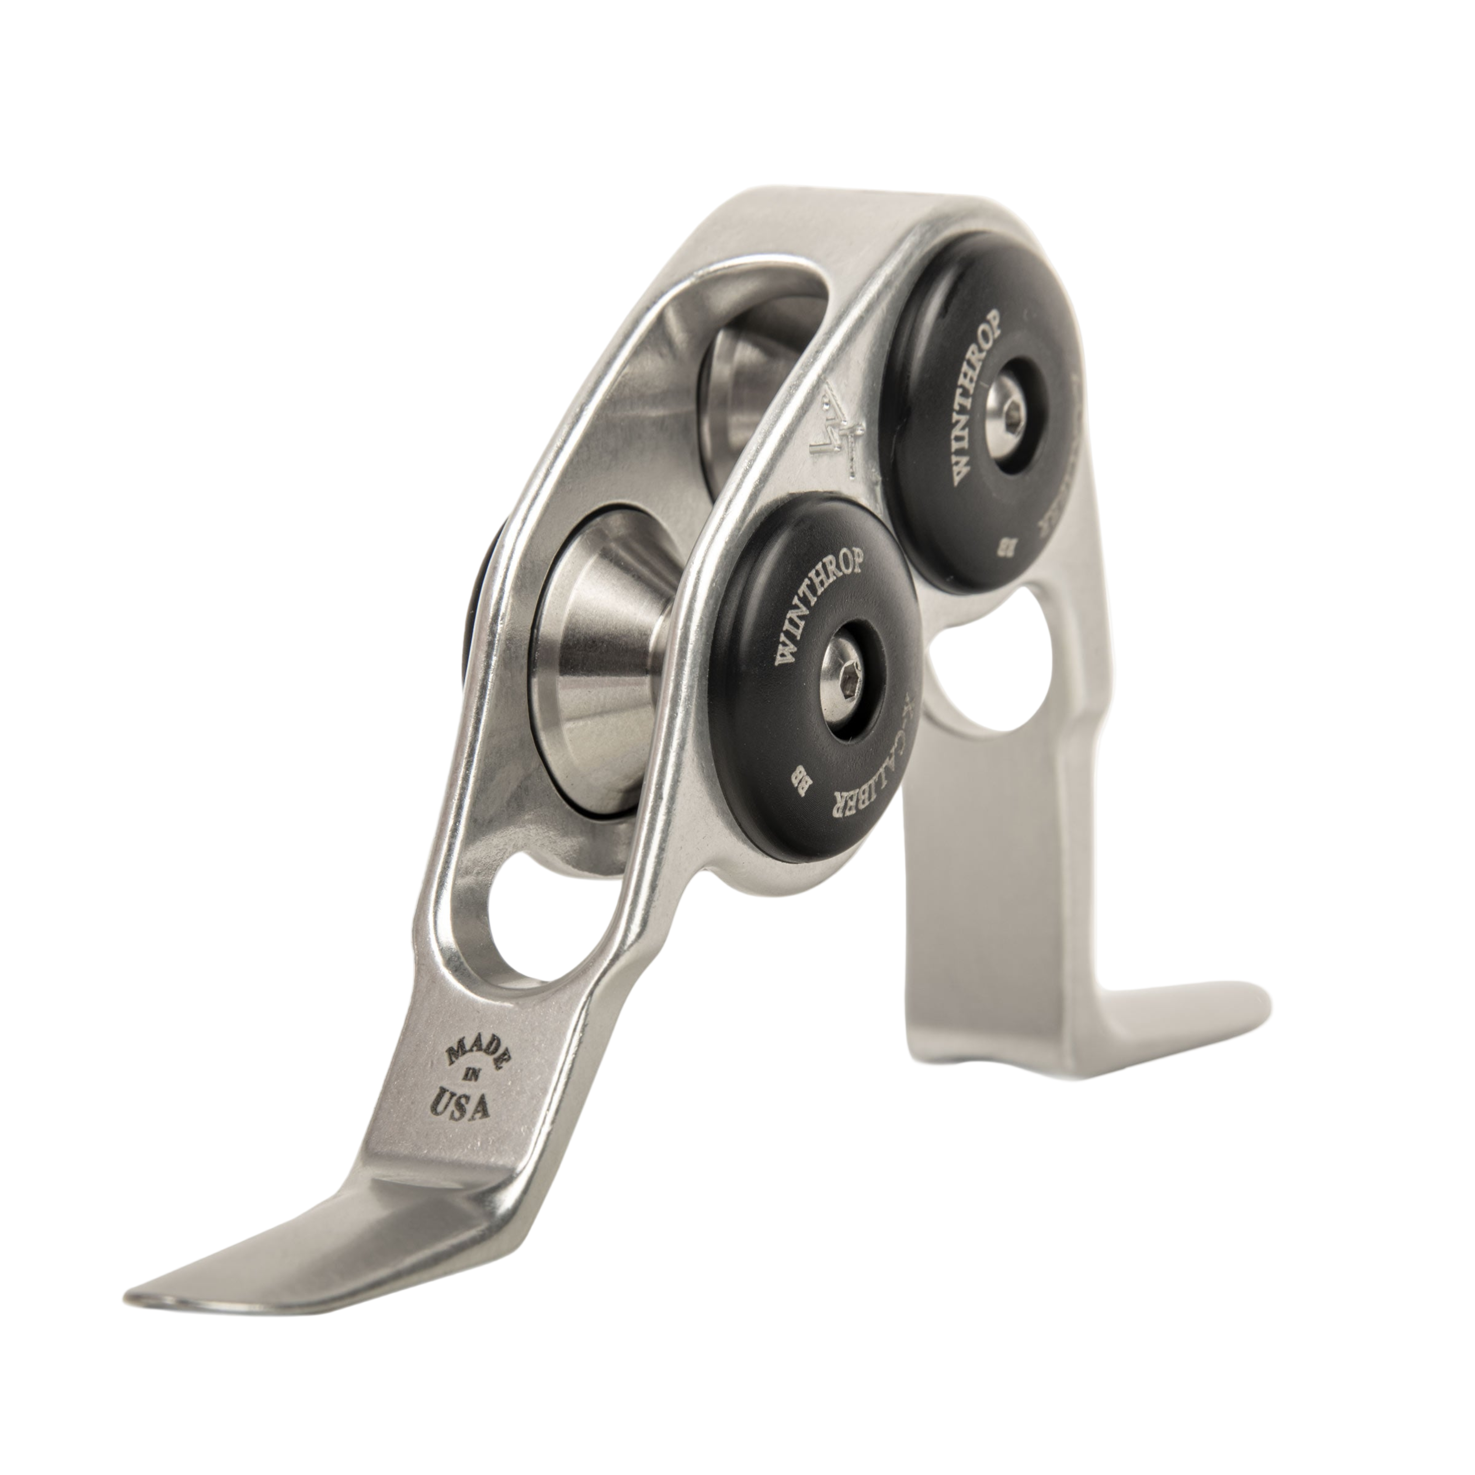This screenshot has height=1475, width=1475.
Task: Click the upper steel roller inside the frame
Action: pyautogui.click(x=733, y=405)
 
